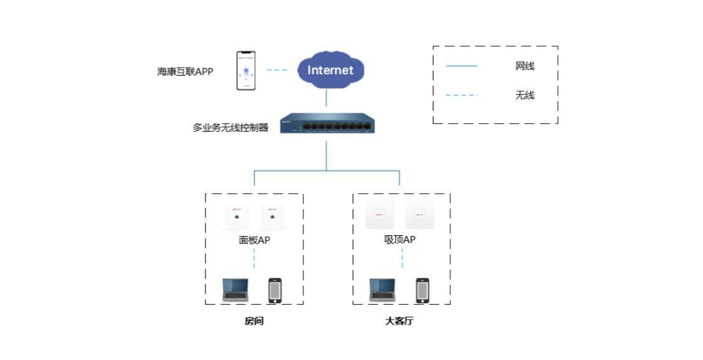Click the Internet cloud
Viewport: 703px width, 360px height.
[x=330, y=70]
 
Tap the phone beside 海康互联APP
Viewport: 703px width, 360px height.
[x=246, y=71]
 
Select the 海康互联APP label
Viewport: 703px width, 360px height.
[x=185, y=72]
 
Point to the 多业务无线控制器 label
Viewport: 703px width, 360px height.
[x=230, y=128]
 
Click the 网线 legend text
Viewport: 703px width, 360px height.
[x=524, y=67]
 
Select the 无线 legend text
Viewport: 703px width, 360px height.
[x=524, y=95]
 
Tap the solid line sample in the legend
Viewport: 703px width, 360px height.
[x=462, y=67]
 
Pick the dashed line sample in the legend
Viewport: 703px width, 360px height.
[x=462, y=95]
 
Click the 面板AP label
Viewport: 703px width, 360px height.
[x=254, y=240]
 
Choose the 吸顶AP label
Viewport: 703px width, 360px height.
[x=400, y=240]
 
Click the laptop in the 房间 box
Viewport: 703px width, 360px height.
[x=235, y=289]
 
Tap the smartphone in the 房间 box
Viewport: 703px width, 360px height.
[x=275, y=290]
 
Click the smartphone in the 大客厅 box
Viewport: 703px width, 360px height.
[x=422, y=290]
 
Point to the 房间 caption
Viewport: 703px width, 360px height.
[x=254, y=321]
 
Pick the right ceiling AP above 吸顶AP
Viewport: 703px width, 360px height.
[x=419, y=215]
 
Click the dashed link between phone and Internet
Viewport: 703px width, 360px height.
[x=277, y=70]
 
